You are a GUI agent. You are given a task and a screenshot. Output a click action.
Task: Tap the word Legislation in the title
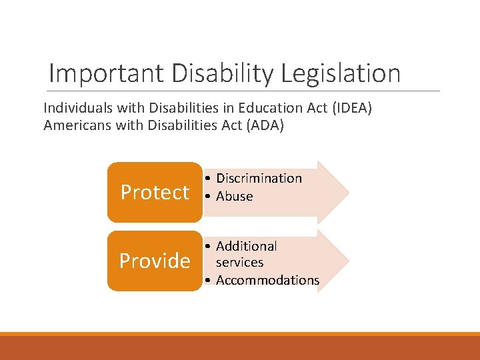(341, 73)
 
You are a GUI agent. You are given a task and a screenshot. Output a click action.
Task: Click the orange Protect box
(154, 192)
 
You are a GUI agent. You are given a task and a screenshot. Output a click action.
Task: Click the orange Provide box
(154, 261)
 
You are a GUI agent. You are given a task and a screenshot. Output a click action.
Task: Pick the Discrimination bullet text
(259, 178)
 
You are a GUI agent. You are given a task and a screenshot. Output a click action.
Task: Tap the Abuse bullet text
(234, 196)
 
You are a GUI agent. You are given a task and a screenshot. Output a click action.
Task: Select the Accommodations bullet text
(267, 280)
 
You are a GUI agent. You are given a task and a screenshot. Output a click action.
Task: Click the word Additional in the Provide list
(246, 246)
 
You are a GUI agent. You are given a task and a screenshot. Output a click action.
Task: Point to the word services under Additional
(239, 263)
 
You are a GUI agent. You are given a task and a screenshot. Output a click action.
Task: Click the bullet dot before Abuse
(209, 196)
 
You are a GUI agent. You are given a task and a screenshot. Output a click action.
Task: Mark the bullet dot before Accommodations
(209, 280)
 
